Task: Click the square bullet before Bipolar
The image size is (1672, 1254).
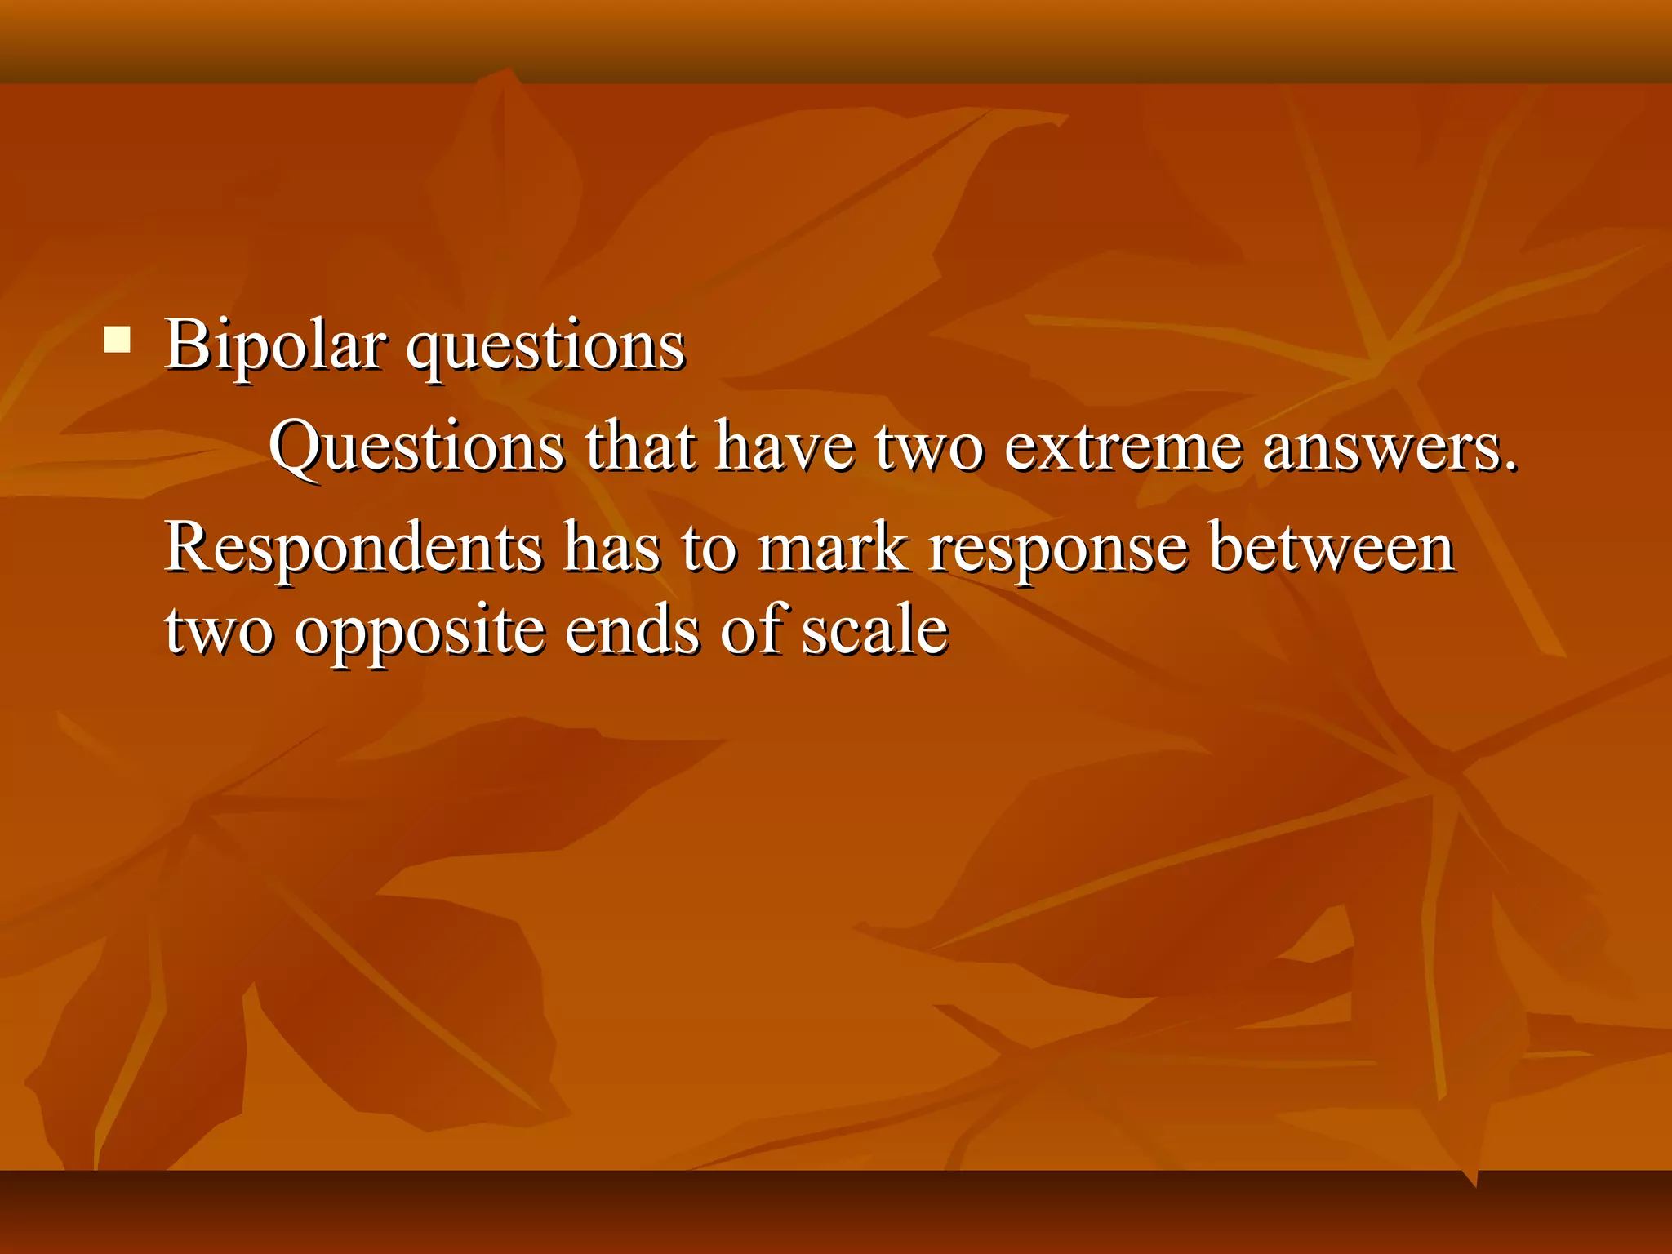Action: coord(118,340)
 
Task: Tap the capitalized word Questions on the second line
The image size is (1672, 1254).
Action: coord(416,448)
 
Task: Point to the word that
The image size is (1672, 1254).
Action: coord(640,447)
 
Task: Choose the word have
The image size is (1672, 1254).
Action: coord(785,447)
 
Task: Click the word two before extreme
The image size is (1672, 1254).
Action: coord(929,448)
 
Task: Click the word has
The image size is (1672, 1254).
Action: coord(611,547)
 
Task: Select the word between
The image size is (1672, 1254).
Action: coord(1332,547)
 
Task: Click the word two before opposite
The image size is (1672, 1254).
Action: coord(218,631)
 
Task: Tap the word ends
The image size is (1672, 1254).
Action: coord(632,630)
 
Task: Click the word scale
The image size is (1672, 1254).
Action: coord(874,630)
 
